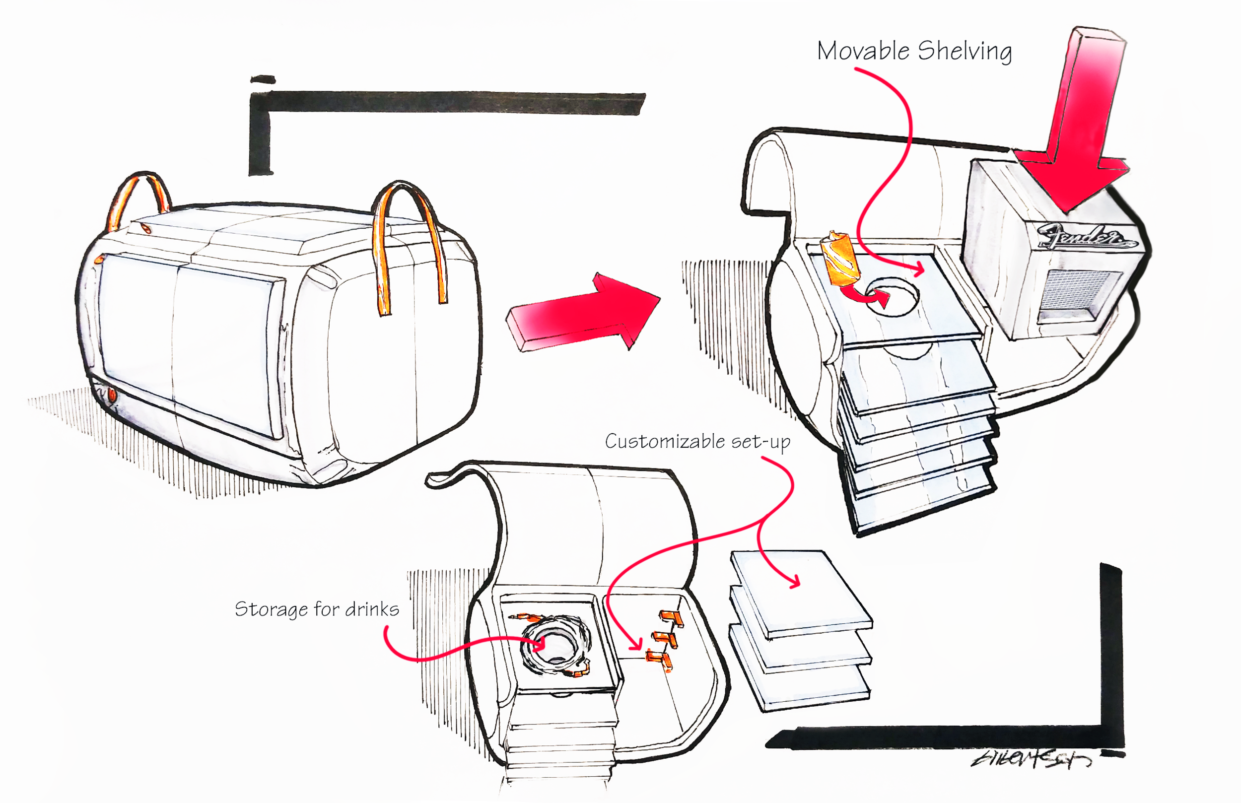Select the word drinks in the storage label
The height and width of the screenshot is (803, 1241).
coord(372,609)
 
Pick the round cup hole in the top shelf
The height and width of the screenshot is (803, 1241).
coord(892,296)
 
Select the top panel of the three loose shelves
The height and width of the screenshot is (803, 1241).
coord(800,592)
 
